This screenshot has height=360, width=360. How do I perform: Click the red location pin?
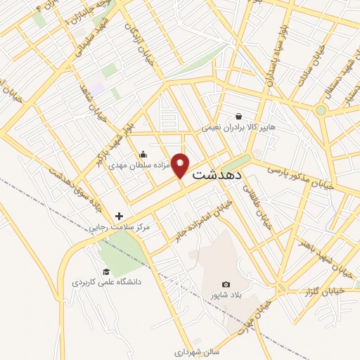[181, 166]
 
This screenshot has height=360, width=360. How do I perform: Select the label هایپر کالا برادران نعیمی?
[233, 128]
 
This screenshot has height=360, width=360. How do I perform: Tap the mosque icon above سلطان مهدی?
[143, 155]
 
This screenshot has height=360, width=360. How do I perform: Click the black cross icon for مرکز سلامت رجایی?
[119, 216]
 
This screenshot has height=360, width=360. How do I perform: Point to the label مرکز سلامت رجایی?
[120, 228]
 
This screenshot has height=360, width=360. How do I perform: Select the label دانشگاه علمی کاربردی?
[107, 282]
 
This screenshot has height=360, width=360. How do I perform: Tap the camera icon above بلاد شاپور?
[226, 284]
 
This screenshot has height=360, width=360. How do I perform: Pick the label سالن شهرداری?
[193, 348]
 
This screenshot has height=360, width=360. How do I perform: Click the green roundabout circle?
[321, 110]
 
